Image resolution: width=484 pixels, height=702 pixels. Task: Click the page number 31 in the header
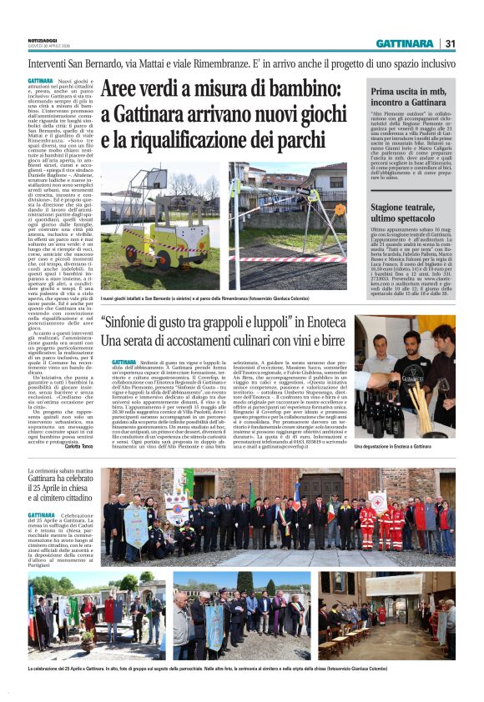tap(450, 43)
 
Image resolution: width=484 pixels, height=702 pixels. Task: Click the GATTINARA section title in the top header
tap(404, 43)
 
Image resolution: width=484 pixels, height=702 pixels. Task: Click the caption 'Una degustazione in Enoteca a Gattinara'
tap(406, 446)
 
